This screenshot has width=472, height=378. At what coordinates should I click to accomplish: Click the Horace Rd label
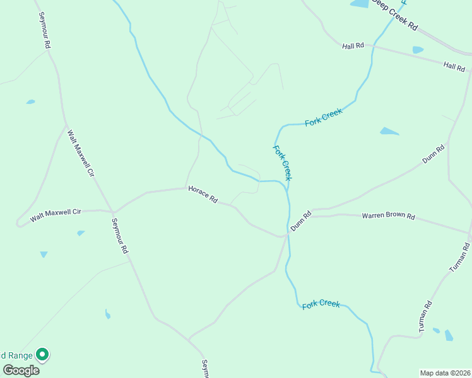pyautogui.click(x=203, y=195)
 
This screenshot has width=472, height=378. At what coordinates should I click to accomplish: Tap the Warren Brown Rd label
pyautogui.click(x=388, y=216)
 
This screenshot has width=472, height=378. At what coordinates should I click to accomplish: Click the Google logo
pyautogui.click(x=21, y=370)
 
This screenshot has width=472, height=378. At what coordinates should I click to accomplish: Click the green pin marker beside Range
pyautogui.click(x=42, y=355)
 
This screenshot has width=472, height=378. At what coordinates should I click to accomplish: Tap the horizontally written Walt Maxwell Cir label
pyautogui.click(x=56, y=215)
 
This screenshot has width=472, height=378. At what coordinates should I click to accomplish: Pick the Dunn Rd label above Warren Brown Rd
pyautogui.click(x=434, y=154)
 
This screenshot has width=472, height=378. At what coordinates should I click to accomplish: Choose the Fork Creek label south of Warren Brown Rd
pyautogui.click(x=321, y=304)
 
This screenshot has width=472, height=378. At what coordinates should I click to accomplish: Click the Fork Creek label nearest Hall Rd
pyautogui.click(x=323, y=117)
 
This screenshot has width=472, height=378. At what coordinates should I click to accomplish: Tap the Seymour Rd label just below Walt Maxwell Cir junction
pyautogui.click(x=120, y=236)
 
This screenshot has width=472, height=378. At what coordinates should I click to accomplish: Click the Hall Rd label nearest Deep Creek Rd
pyautogui.click(x=353, y=46)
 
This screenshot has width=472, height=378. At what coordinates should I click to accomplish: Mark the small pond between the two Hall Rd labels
pyautogui.click(x=418, y=50)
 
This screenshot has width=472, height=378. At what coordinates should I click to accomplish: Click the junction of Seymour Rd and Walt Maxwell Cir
pyautogui.click(x=112, y=212)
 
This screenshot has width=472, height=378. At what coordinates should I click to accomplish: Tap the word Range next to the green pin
pyautogui.click(x=17, y=355)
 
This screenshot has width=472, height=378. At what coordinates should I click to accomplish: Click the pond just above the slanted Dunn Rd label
pyautogui.click(x=389, y=131)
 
